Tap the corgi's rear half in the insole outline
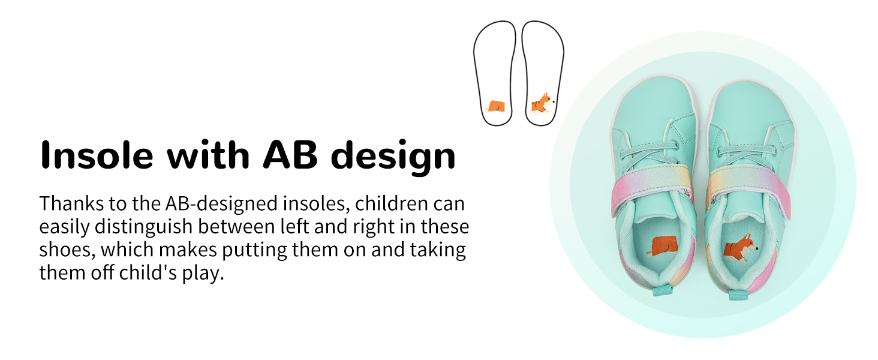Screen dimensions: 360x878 [x=496, y=106]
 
